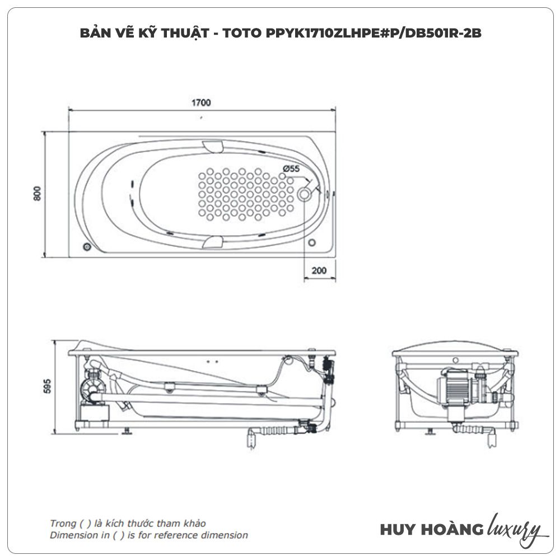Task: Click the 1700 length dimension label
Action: tap(201, 103)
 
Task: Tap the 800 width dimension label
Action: tap(38, 193)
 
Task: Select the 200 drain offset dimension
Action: tap(319, 270)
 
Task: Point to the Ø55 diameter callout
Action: tap(291, 169)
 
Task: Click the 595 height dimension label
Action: tap(47, 386)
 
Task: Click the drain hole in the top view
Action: tap(304, 194)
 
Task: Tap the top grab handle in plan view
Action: tap(213, 146)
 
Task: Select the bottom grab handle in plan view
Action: tap(213, 242)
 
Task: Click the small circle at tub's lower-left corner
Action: tap(87, 247)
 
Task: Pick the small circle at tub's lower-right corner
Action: tap(312, 242)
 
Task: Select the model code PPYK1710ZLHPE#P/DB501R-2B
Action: tap(374, 33)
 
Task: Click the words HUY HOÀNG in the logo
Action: tap(431, 529)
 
